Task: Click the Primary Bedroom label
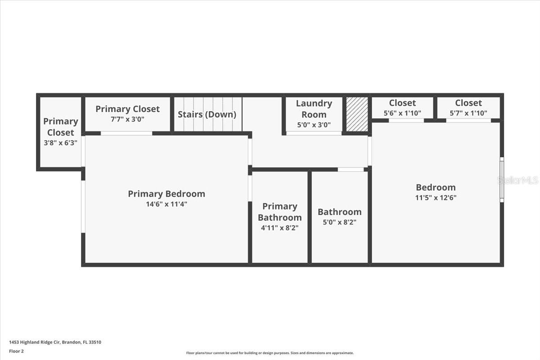tap(166, 194)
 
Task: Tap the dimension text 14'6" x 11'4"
tap(166, 204)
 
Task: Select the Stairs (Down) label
tap(207, 114)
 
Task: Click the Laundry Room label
tap(314, 109)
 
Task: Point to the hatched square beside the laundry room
tap(357, 114)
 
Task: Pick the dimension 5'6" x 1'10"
tap(402, 113)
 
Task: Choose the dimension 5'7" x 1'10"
tap(468, 113)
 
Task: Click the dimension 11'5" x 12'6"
tap(436, 198)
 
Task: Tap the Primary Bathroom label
tap(280, 211)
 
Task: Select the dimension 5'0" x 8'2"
tap(340, 222)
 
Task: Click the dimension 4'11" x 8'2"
tap(280, 228)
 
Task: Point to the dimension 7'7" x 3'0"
tap(127, 119)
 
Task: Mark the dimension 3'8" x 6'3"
tap(61, 143)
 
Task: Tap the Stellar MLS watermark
tap(517, 180)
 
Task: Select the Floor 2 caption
tap(17, 351)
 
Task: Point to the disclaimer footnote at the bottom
tap(270, 353)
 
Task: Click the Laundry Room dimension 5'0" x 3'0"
tap(314, 125)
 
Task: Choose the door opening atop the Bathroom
tap(351, 170)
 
